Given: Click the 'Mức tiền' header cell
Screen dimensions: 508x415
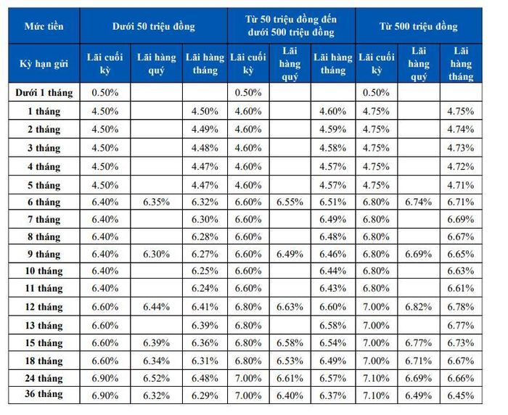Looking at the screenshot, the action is (x=44, y=26).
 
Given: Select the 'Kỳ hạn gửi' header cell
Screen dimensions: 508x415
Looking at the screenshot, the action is (x=44, y=64).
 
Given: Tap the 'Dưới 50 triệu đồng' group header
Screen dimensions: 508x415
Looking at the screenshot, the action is (x=154, y=26).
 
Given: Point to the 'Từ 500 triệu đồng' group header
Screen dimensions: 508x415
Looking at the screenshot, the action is (x=419, y=26).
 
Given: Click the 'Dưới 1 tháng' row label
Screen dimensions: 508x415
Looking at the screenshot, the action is (x=44, y=93).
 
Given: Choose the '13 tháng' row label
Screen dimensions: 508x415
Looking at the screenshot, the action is (x=44, y=325).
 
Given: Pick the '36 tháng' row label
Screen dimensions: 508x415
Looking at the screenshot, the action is (x=44, y=394).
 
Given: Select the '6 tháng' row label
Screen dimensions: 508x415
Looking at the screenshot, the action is (x=44, y=202).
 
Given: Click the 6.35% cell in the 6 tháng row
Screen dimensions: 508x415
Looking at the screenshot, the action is (x=157, y=202).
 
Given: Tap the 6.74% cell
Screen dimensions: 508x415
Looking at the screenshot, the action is (x=419, y=202).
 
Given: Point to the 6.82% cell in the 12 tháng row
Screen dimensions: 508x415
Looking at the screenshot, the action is (x=419, y=307).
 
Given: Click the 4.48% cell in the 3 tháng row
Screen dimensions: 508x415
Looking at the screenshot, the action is (x=205, y=148).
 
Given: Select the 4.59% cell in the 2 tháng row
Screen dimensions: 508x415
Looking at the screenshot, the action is (x=332, y=129).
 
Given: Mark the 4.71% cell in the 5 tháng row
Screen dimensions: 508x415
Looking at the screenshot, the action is (x=461, y=185).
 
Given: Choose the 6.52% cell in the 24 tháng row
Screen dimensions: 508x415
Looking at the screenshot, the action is (x=157, y=378).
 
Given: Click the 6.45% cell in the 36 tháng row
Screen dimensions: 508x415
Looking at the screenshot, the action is (x=461, y=395).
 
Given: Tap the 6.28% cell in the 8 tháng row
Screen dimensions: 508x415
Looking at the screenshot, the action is (x=205, y=237).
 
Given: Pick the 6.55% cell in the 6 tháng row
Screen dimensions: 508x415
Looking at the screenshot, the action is (x=290, y=202).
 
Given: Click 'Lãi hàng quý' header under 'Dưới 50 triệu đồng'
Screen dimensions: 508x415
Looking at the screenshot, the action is (x=157, y=64).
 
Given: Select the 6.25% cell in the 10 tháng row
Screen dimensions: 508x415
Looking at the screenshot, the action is (x=205, y=271).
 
